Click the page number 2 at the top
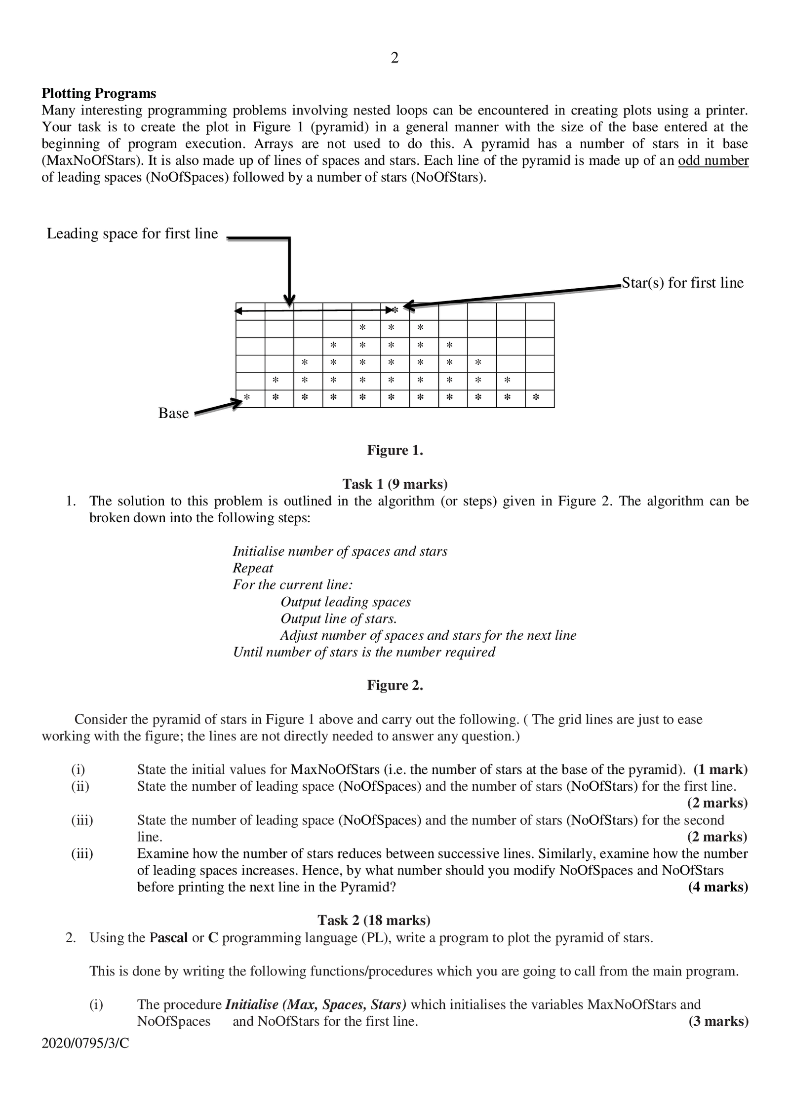pyautogui.click(x=395, y=58)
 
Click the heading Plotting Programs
pyautogui.click(x=99, y=93)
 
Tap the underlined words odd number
pyautogui.click(x=713, y=160)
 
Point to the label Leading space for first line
pyautogui.click(x=132, y=233)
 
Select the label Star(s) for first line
pyautogui.click(x=682, y=283)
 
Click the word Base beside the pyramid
pyautogui.click(x=173, y=413)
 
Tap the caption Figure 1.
pyautogui.click(x=395, y=450)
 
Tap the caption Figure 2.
pyautogui.click(x=395, y=685)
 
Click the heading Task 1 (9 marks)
pyautogui.click(x=395, y=484)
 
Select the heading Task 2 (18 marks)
pyautogui.click(x=374, y=920)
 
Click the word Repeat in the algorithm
pyautogui.click(x=253, y=568)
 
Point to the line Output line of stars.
pyautogui.click(x=339, y=618)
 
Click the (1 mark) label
pyautogui.click(x=720, y=770)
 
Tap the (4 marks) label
pyautogui.click(x=718, y=887)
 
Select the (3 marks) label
pyautogui.click(x=718, y=1021)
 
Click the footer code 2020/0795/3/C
pyautogui.click(x=85, y=1043)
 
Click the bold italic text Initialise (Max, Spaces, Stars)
pyautogui.click(x=316, y=1004)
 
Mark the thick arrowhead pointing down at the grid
pyautogui.click(x=290, y=299)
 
